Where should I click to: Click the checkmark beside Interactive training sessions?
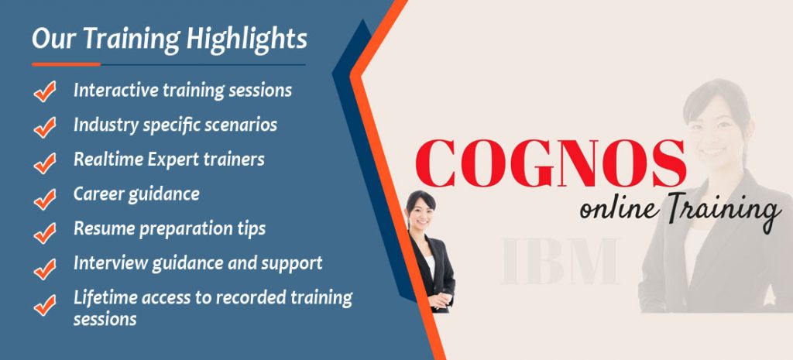pos(46,92)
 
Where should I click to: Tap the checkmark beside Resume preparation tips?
pos(46,231)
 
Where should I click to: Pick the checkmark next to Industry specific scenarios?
pos(46,127)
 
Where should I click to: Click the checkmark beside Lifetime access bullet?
pos(46,303)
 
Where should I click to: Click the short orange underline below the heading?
pos(66,64)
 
